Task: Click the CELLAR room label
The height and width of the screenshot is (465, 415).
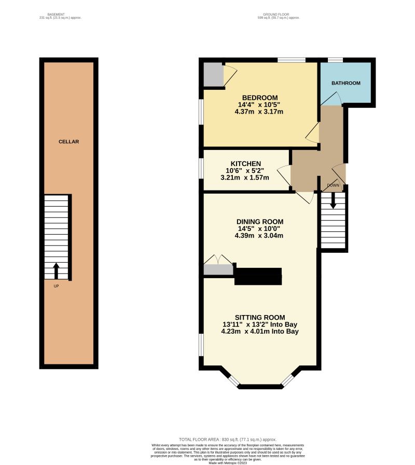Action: coord(68,142)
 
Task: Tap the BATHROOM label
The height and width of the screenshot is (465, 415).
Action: coord(345,83)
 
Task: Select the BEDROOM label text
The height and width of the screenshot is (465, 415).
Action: coord(260,98)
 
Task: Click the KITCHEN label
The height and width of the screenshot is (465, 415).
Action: coord(246,164)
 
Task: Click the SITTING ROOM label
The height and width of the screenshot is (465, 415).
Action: coord(260,318)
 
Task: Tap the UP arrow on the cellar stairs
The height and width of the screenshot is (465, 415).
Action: coord(56,270)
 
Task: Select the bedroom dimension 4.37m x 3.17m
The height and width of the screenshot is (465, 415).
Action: coord(259,111)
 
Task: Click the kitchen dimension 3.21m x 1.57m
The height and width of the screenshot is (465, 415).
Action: coord(245,177)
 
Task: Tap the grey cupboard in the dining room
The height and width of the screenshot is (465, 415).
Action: coord(218,269)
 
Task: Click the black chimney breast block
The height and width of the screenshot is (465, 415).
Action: coord(258,276)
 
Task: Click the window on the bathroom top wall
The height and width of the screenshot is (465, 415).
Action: coord(335,60)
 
